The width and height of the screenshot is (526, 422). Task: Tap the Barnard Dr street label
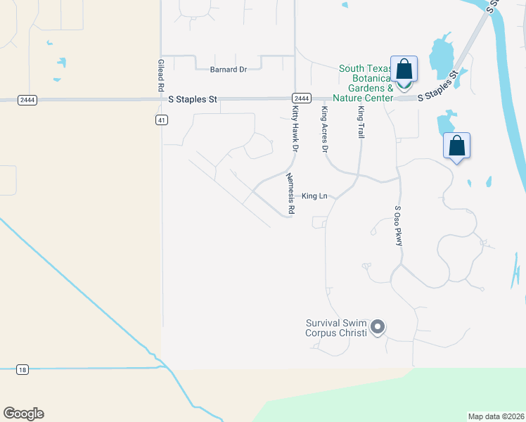pos(229,70)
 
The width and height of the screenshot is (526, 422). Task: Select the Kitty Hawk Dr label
pos(294,127)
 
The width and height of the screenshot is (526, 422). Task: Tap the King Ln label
pos(314,196)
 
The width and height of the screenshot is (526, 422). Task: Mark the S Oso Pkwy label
pos(398,226)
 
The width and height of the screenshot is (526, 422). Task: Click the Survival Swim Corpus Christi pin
pos(378,327)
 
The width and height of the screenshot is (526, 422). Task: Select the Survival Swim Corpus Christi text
pos(336,328)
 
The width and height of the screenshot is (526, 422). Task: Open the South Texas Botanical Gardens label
pos(366,83)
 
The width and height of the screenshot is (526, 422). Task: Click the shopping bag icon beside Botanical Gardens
pos(404,69)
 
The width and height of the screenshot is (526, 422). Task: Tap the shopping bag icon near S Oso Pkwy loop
pos(456,146)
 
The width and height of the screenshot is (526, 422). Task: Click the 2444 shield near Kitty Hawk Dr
pos(300,98)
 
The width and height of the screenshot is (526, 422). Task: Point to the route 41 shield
pos(162,120)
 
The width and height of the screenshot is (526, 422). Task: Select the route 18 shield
pos(23,369)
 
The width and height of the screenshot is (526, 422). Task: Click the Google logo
pos(23,414)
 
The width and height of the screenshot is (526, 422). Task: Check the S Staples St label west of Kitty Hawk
pos(193,101)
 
